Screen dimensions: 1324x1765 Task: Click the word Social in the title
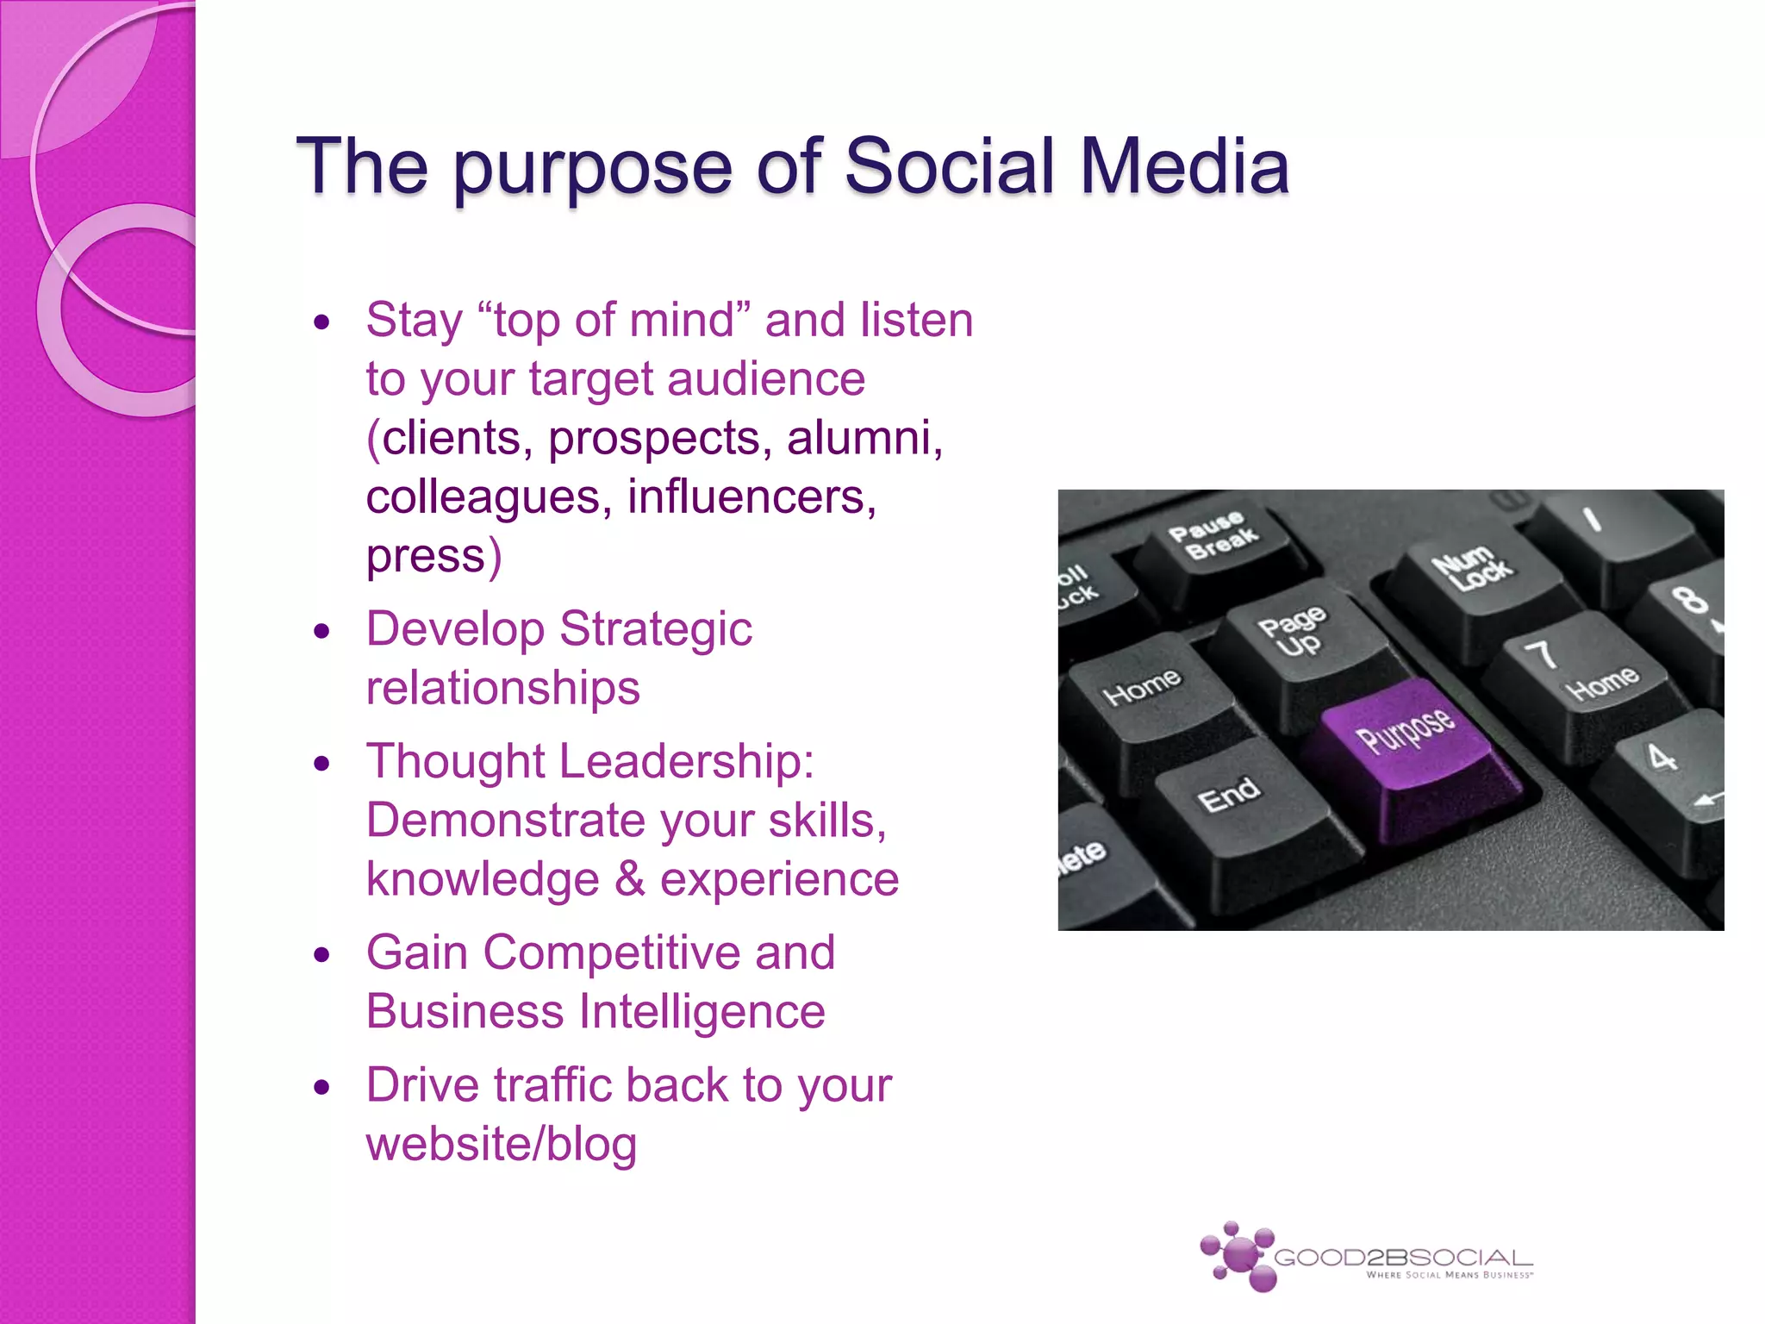(x=949, y=165)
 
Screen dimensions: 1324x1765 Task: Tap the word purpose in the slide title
(x=593, y=168)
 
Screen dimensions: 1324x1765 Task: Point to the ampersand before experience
(x=629, y=879)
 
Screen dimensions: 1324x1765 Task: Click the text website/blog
(x=502, y=1145)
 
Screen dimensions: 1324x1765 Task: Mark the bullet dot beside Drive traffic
(x=322, y=1087)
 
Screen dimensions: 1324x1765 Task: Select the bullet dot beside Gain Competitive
(x=322, y=954)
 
